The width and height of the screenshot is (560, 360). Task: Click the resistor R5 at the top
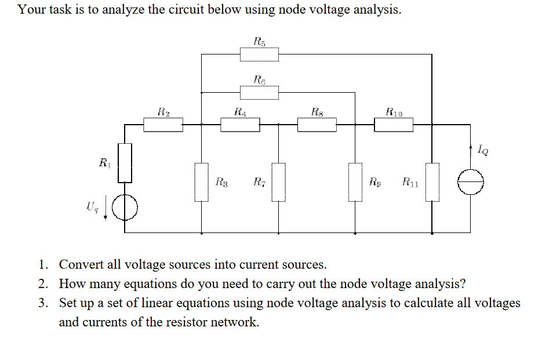(259, 54)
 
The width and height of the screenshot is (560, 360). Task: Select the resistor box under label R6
(259, 92)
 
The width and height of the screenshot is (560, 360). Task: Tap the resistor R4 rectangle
(240, 124)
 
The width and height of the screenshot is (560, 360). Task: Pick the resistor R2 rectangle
(163, 124)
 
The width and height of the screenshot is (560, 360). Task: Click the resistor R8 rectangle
(317, 124)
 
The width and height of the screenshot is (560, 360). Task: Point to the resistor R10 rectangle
(394, 124)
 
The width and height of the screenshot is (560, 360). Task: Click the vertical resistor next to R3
(201, 182)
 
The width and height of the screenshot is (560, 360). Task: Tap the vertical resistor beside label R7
(279, 182)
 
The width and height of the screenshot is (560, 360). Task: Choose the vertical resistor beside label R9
(355, 182)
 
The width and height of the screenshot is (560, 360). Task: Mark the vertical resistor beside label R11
(432, 182)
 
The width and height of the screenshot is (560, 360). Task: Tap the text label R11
(410, 183)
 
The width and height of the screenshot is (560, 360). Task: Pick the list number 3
(43, 303)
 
